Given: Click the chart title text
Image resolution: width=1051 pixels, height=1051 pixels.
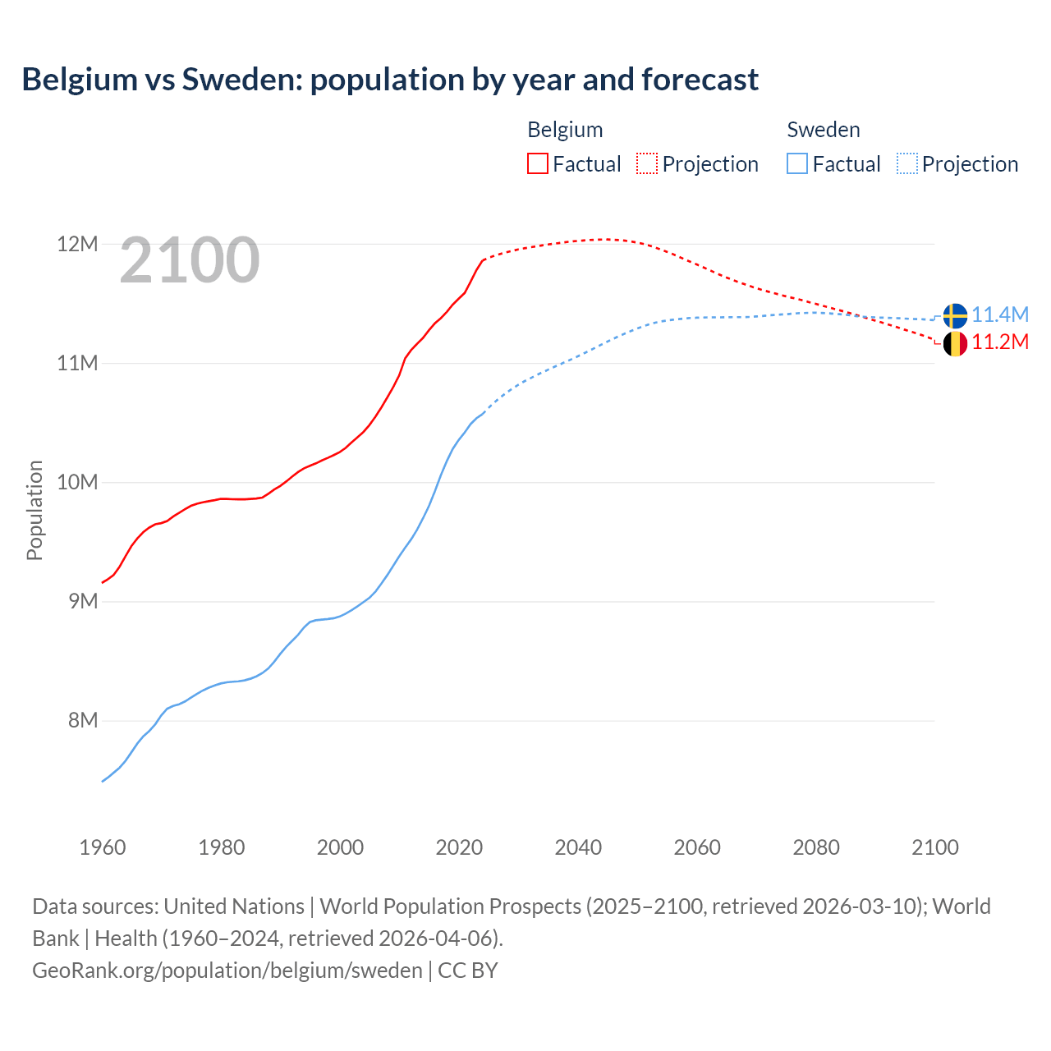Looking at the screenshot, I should pos(390,80).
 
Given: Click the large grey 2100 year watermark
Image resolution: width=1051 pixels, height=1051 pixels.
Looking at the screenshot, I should pos(190,260).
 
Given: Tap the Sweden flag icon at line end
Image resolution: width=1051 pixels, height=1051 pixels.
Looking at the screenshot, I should pos(954,315).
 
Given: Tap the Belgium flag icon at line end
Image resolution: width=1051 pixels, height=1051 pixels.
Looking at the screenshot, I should pos(954,343).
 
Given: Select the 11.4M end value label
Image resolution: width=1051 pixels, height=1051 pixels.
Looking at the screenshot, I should pos(1000,314).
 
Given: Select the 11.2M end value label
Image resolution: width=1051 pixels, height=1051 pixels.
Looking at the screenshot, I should pos(1000,342).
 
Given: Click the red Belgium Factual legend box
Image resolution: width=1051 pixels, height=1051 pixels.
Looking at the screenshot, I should pos(538,163).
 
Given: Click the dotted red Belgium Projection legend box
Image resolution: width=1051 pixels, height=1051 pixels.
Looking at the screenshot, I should pos(647,163).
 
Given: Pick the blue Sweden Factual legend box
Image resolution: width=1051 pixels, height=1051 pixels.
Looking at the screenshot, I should pos(797,163).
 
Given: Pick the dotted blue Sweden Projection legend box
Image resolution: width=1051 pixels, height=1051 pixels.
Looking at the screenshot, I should pos(906,163).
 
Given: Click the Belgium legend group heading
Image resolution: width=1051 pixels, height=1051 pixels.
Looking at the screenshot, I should pos(565,130).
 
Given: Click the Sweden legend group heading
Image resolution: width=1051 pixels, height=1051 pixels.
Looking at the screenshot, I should pos(824,130).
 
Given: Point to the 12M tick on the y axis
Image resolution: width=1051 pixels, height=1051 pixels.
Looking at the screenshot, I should pos(77,244).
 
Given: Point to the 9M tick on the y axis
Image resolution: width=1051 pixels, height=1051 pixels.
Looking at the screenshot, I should pos(82,601).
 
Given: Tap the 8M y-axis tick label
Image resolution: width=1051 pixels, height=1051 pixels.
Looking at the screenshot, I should pos(82,720).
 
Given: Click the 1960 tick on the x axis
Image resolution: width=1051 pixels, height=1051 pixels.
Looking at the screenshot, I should pos(103,847).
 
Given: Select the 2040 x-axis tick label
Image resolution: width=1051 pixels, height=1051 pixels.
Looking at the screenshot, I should pos(578,847).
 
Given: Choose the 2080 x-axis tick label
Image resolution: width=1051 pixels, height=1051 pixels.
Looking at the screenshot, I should pos(816,847).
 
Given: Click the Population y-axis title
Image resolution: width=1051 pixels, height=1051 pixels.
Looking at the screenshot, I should pos(34,510).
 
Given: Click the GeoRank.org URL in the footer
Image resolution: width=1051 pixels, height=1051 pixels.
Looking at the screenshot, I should pos(227,970).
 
